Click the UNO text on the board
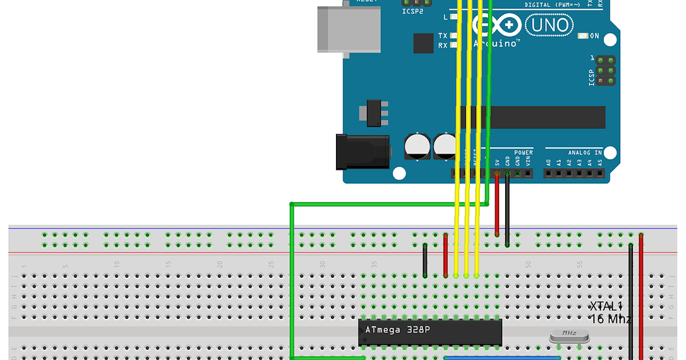pyautogui.click(x=549, y=26)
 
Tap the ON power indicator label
pyautogui.click(x=594, y=36)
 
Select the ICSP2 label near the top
pyautogui.click(x=412, y=11)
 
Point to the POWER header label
pyautogui.click(x=523, y=152)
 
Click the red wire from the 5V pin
pyautogui.click(x=497, y=206)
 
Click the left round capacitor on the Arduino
pyautogui.click(x=416, y=146)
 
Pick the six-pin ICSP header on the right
pyautogui.click(x=604, y=70)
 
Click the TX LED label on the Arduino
pyautogui.click(x=443, y=35)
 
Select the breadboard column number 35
pyautogui.click(x=374, y=265)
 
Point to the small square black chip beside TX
pyautogui.click(x=424, y=43)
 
